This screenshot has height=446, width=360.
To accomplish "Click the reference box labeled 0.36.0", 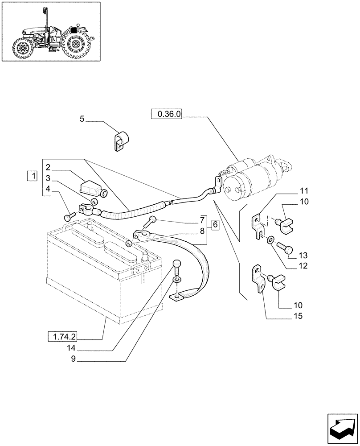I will [166, 114].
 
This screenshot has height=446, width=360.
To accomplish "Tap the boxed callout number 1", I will [32, 176].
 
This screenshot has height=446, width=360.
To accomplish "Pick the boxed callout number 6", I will [215, 224].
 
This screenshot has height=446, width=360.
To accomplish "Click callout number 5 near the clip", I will [82, 119].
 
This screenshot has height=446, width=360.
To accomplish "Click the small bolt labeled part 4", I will [68, 217].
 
